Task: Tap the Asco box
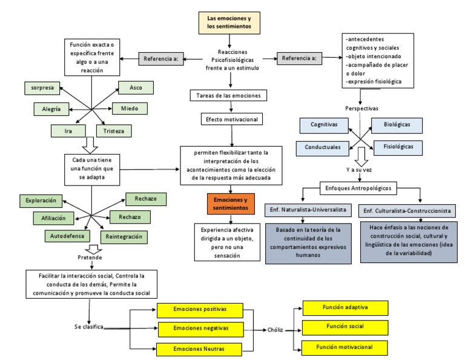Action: coord(136,88)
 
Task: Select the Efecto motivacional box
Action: coord(231,119)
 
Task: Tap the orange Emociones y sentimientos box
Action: coord(230,203)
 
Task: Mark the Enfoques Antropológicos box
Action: coord(358,188)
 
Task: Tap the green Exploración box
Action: coord(41,199)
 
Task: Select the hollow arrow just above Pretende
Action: coord(92,249)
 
